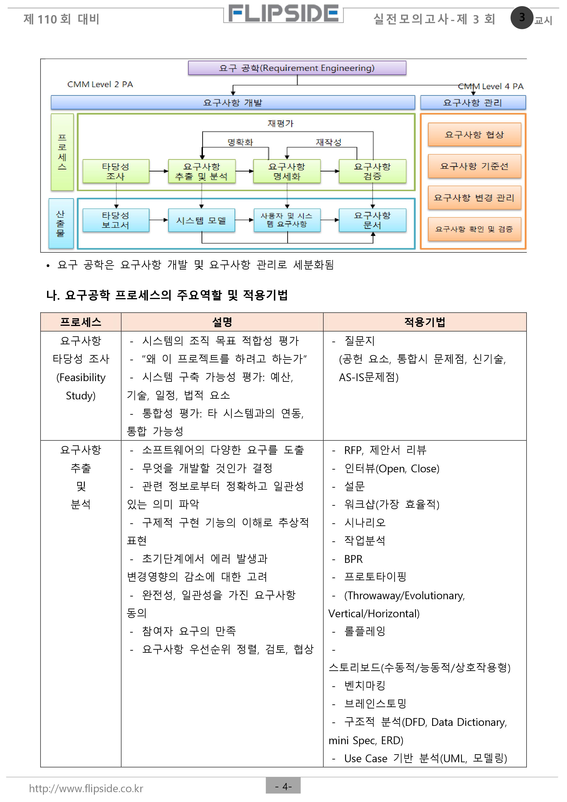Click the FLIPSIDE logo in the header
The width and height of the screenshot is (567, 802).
pyautogui.click(x=283, y=14)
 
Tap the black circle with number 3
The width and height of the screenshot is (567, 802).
pyautogui.click(x=522, y=17)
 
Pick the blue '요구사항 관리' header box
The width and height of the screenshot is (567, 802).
pyautogui.click(x=473, y=103)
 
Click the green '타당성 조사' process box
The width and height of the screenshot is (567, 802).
pyautogui.click(x=116, y=171)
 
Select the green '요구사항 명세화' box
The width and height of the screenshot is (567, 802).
pyautogui.click(x=287, y=171)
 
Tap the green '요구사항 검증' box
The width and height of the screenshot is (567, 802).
pyautogui.click(x=372, y=171)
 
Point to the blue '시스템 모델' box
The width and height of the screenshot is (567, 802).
pyautogui.click(x=201, y=220)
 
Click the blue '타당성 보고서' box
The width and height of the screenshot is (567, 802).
pyautogui.click(x=116, y=220)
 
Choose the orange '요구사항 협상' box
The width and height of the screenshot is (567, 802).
pyautogui.click(x=474, y=134)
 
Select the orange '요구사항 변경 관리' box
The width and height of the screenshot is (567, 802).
pyautogui.click(x=474, y=198)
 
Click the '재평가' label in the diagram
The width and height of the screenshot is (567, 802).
pyautogui.click(x=280, y=123)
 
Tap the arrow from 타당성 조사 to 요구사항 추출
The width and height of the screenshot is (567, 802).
pyautogui.click(x=159, y=171)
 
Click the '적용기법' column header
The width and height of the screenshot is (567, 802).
pyautogui.click(x=425, y=322)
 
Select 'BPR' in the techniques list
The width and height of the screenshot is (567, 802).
pyautogui.click(x=353, y=559)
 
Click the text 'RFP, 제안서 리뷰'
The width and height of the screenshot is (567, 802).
pyautogui.click(x=385, y=450)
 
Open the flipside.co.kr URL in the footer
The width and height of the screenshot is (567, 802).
pyautogui.click(x=86, y=788)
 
